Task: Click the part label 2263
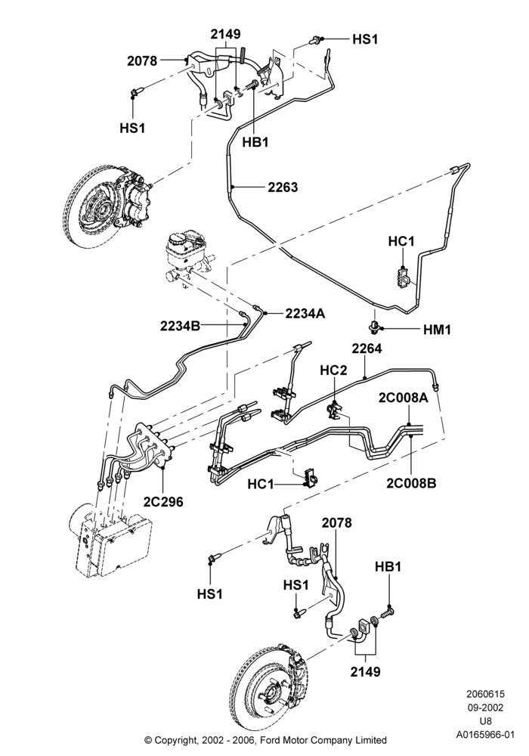pyautogui.click(x=283, y=187)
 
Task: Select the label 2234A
pyautogui.click(x=305, y=314)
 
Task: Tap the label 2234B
pyautogui.click(x=180, y=326)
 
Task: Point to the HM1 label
pyautogui.click(x=437, y=330)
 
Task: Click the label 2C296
pyautogui.click(x=163, y=501)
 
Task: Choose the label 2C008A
pyautogui.click(x=404, y=398)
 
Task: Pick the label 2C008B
pyautogui.click(x=411, y=482)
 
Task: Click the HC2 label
pyautogui.click(x=333, y=370)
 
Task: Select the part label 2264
pyautogui.click(x=367, y=348)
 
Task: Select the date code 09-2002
pyautogui.click(x=485, y=708)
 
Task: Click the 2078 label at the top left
pyautogui.click(x=142, y=60)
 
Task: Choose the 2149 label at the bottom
pyautogui.click(x=365, y=671)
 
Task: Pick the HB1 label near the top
pyautogui.click(x=255, y=142)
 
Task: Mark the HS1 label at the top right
pyautogui.click(x=365, y=39)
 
